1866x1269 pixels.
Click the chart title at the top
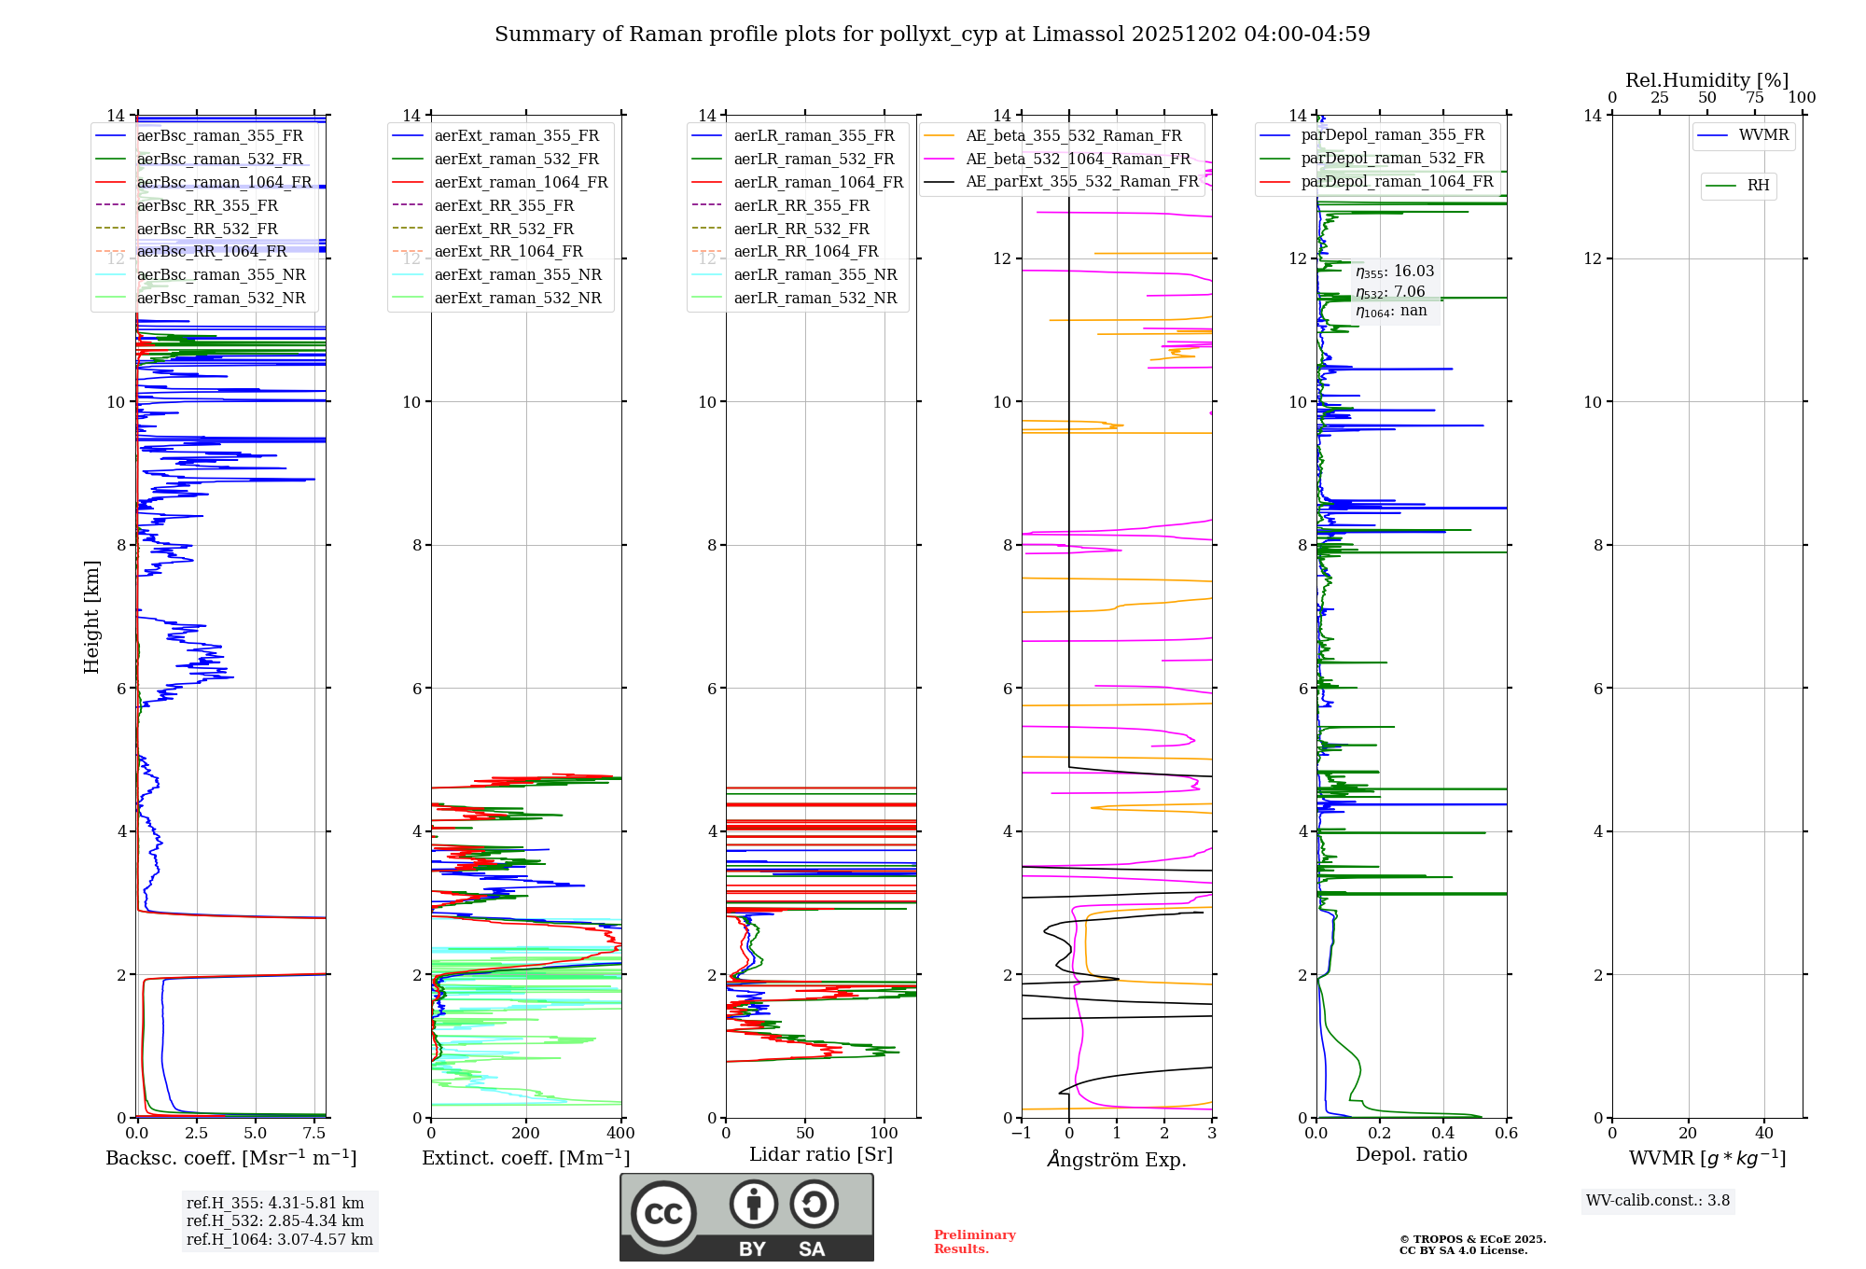[932, 35]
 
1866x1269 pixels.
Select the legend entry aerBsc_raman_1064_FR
[224, 182]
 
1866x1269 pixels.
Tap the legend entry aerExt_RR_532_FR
[504, 229]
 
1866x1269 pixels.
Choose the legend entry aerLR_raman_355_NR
[815, 274]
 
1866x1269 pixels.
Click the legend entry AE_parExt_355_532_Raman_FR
[1081, 181]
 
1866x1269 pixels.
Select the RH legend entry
[1758, 186]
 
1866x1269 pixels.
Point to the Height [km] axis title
[91, 616]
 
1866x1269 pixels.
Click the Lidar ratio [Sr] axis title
[821, 1154]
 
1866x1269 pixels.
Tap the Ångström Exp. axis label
[1117, 1159]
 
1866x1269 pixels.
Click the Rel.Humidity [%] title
[1706, 80]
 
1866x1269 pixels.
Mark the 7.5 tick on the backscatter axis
[314, 1134]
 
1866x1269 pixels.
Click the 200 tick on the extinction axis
[526, 1134]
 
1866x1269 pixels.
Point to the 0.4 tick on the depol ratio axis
[1443, 1134]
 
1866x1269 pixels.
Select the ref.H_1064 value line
[279, 1239]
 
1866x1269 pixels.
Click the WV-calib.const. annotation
[1658, 1200]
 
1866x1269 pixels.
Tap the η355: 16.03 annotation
[1395, 272]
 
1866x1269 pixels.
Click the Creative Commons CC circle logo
[663, 1214]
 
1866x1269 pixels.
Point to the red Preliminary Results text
[974, 1242]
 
